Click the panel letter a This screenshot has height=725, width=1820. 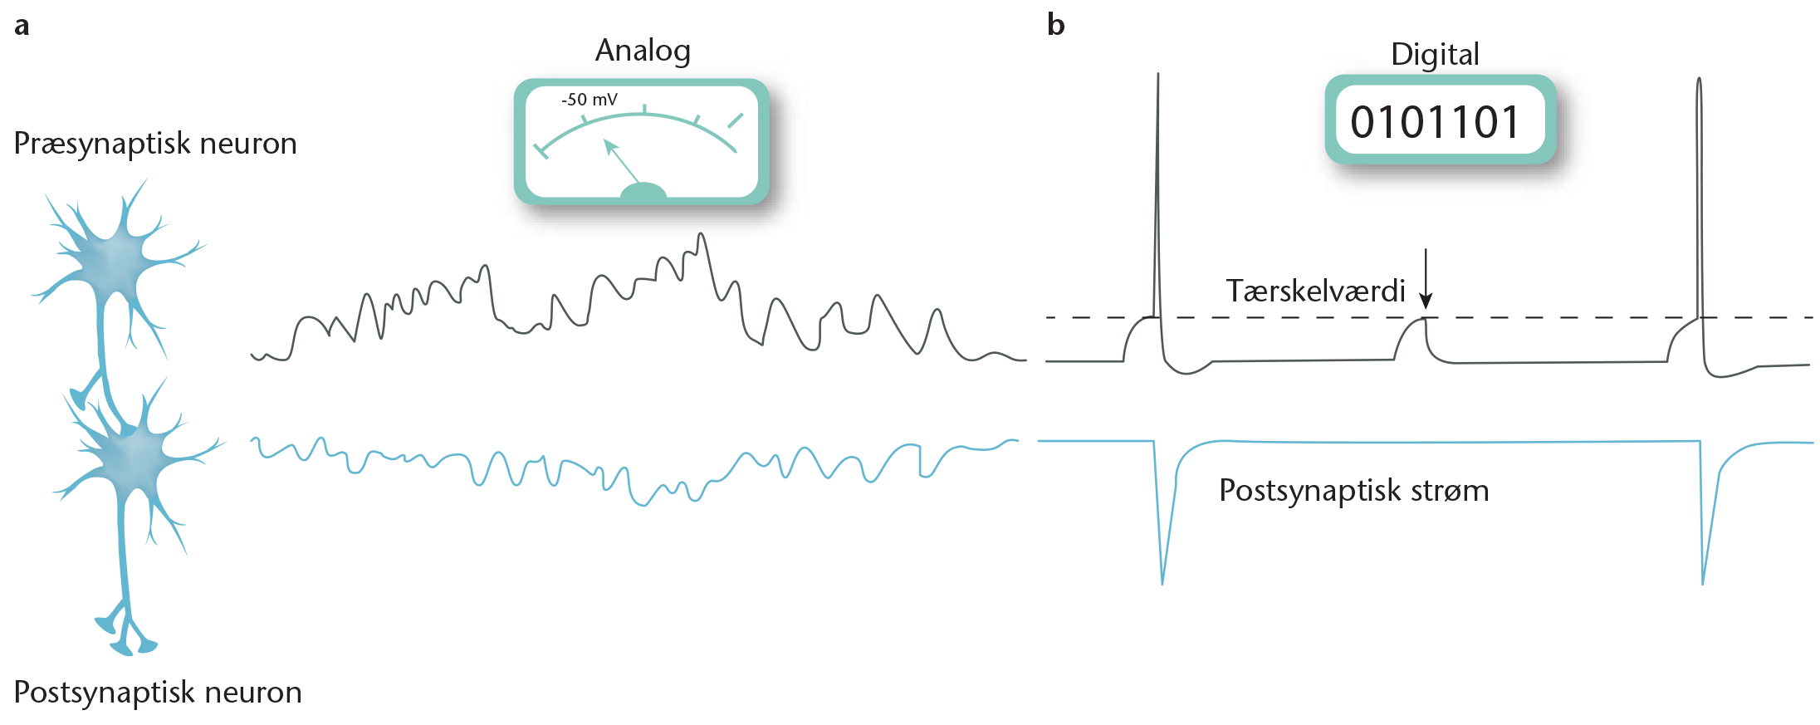[22, 27]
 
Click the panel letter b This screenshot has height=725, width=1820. [1055, 25]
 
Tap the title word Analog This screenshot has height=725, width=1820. [643, 51]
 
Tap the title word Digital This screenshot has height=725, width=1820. [1435, 55]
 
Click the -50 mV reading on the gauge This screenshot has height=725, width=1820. [590, 100]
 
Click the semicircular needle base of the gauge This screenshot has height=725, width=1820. [643, 192]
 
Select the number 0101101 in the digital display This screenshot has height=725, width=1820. [1436, 122]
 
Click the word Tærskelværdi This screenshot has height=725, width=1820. [1315, 291]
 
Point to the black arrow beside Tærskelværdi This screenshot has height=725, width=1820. [1426, 279]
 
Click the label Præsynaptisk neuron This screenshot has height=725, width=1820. [155, 144]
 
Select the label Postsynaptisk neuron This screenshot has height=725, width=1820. [158, 692]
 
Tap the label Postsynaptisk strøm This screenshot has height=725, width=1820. [1353, 491]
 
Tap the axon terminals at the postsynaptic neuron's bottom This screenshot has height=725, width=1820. [126, 634]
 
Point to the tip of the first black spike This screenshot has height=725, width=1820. [1158, 75]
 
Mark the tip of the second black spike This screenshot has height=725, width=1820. [1699, 80]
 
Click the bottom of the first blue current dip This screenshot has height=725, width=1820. [1162, 583]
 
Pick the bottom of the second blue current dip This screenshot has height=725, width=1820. [1703, 583]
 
